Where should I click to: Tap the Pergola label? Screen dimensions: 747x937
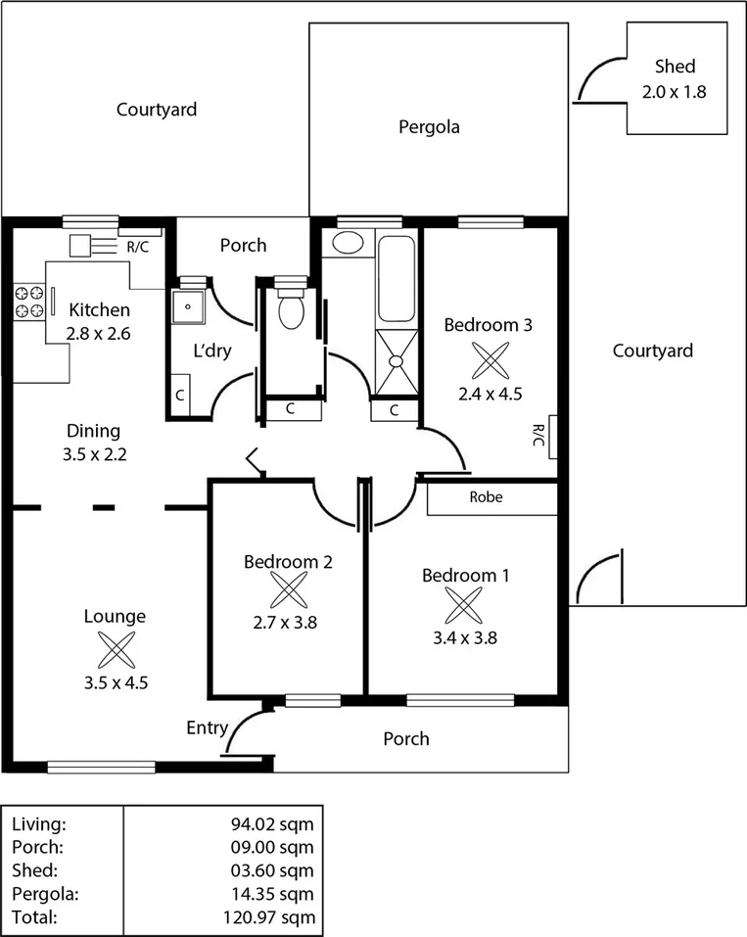[429, 126]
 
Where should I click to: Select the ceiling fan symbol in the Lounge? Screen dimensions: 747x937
[115, 648]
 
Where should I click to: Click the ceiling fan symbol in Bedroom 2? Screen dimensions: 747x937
[288, 590]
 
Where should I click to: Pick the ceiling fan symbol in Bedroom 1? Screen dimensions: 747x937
[465, 605]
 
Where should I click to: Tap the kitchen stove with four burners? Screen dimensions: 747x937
[28, 302]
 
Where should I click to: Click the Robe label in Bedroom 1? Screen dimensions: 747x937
[486, 497]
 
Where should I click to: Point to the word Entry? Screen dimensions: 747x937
[207, 728]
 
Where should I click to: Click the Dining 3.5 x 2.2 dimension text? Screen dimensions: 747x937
[93, 454]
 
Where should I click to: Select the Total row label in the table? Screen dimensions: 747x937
[35, 917]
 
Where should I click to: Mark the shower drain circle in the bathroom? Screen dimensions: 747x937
[397, 360]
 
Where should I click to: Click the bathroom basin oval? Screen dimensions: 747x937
[347, 243]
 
